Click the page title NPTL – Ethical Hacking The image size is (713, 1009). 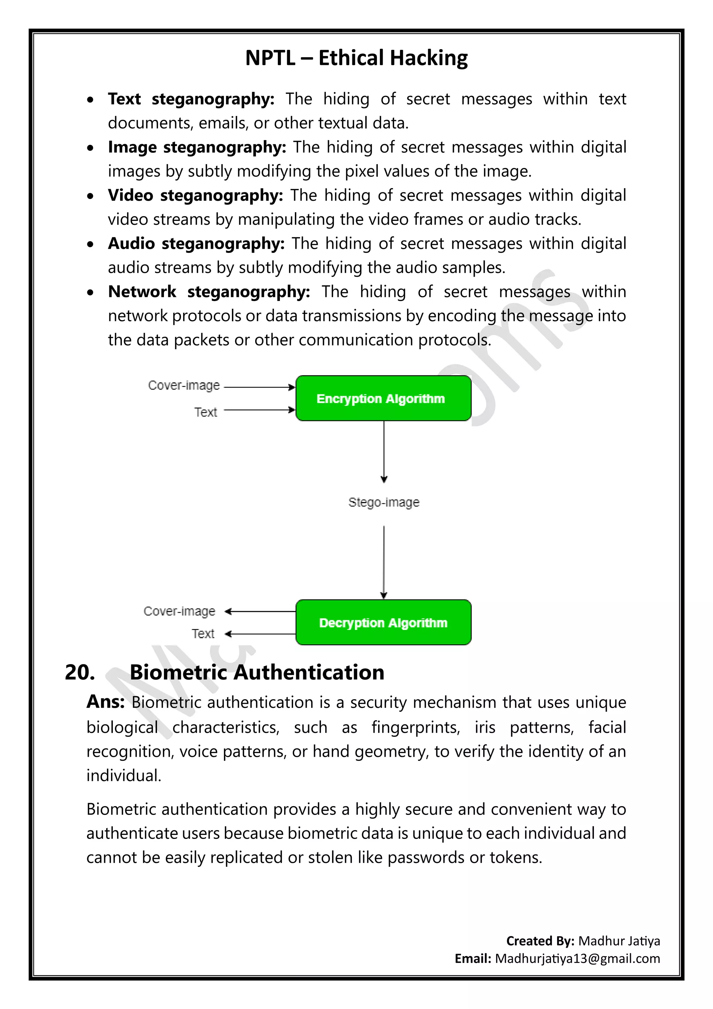pos(356,58)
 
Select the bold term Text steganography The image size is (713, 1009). pos(190,99)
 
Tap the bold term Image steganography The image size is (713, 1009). pos(197,147)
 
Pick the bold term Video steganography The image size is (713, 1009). pos(195,195)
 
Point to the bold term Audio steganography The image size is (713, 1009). pos(196,244)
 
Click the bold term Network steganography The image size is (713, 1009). pos(209,292)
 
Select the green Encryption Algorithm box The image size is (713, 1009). pos(383,399)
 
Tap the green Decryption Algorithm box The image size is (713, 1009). pos(383,623)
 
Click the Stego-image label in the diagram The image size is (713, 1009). pos(384,502)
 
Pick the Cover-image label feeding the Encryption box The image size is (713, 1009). pos(183,385)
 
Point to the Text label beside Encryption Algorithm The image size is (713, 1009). pos(205,412)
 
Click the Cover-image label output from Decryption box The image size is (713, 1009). pos(179,611)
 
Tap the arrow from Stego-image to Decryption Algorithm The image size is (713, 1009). pos(384,562)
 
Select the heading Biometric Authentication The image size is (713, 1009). pos(257,673)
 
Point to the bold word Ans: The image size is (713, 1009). pos(105,702)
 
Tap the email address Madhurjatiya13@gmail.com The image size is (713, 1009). pos(577,958)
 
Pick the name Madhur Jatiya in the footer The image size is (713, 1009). pos(619,941)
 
